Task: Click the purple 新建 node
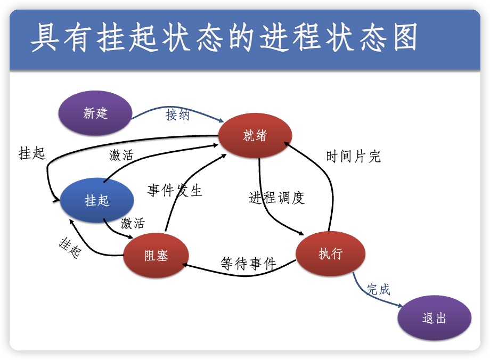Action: click(x=95, y=113)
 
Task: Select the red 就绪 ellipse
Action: click(x=255, y=135)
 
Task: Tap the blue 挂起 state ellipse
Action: click(x=96, y=200)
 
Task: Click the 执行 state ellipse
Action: click(x=330, y=253)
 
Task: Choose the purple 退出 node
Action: click(x=434, y=318)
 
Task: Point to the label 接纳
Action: click(x=177, y=114)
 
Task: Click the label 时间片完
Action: click(x=353, y=157)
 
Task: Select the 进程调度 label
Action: click(x=276, y=198)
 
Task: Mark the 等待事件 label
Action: click(x=248, y=263)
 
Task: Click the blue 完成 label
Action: click(x=378, y=289)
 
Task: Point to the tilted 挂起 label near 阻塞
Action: click(x=69, y=248)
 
